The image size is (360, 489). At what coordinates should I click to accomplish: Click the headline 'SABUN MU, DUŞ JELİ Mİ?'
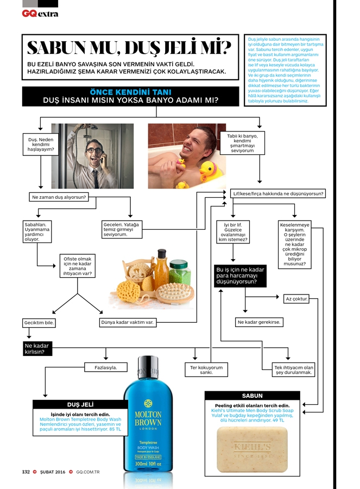click(x=129, y=48)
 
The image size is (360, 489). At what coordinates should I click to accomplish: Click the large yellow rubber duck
click(x=209, y=170)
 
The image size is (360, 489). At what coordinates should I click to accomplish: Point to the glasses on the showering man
click(x=96, y=151)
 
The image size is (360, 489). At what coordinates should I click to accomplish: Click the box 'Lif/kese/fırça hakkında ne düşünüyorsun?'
click(x=277, y=193)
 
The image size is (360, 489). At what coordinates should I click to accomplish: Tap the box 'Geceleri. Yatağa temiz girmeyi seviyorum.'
click(x=123, y=229)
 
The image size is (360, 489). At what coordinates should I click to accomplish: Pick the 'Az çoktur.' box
click(x=296, y=299)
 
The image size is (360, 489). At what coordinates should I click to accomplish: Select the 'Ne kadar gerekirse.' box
click(x=260, y=322)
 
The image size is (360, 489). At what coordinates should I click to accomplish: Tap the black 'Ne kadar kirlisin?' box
click(x=37, y=348)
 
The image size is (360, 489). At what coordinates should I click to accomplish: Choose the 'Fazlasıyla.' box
click(x=105, y=367)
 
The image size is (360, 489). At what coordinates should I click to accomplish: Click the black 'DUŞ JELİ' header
click(x=80, y=404)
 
